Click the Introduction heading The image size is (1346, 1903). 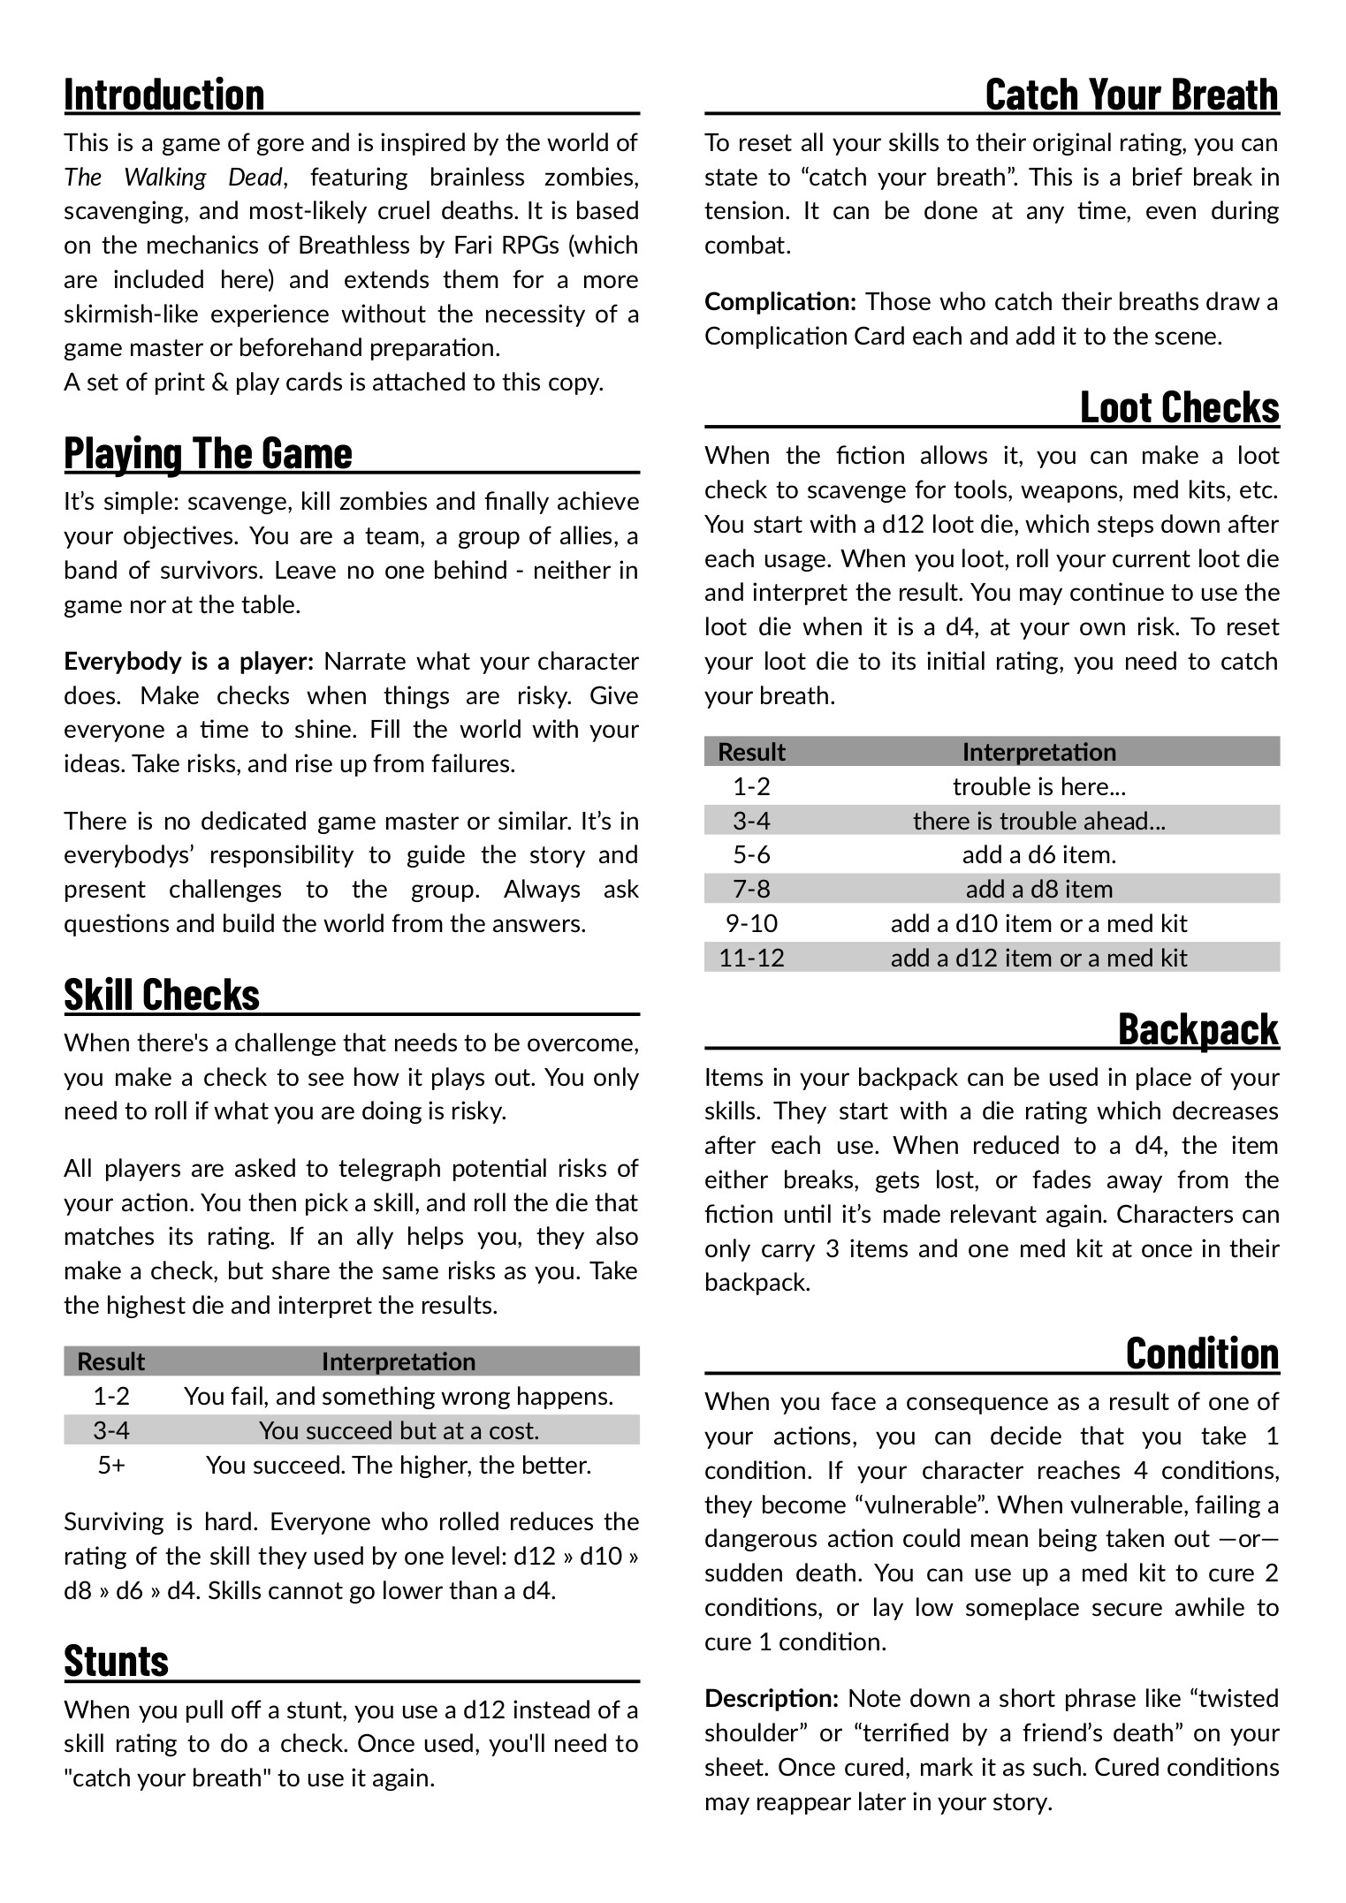point(164,95)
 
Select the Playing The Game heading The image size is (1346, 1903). point(208,453)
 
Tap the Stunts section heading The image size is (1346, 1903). point(116,1661)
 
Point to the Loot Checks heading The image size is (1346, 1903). point(1179,407)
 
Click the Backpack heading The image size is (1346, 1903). point(1198,1029)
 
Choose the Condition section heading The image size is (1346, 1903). point(1202,1353)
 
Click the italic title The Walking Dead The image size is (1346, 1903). point(173,178)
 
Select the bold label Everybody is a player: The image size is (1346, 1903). point(188,662)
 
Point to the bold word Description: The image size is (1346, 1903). point(771,1699)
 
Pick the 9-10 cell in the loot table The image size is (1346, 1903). point(751,924)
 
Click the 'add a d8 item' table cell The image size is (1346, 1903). point(1038,890)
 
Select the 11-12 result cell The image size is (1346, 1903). point(751,959)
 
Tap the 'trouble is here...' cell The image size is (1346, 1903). point(1038,787)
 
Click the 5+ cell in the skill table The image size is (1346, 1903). point(111,1466)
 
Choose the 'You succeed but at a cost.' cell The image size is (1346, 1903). point(399,1431)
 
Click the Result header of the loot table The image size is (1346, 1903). point(751,753)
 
